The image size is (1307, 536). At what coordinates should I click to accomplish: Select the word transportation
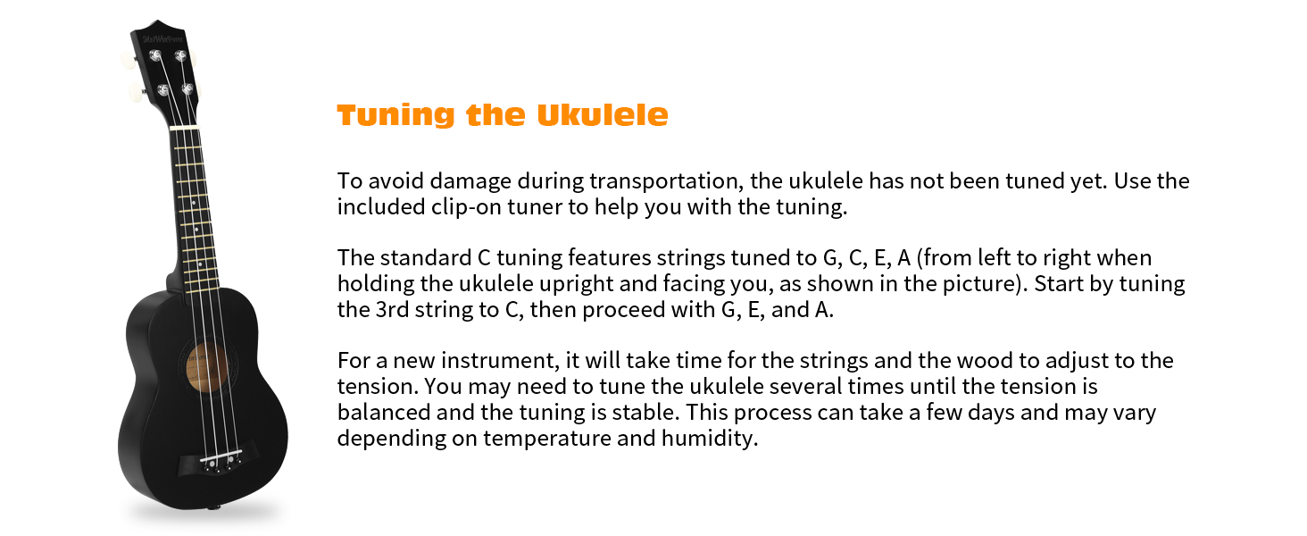click(663, 181)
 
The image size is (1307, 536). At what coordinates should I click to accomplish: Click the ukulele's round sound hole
click(211, 369)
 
